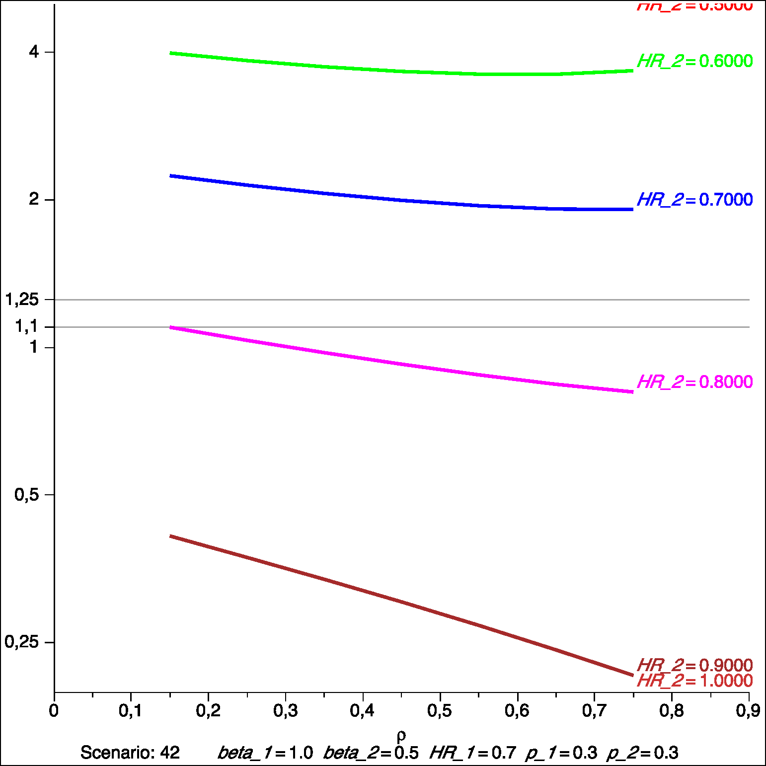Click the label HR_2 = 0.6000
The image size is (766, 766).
point(694,61)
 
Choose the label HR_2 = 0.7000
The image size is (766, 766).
point(694,200)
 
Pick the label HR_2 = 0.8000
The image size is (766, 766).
point(694,382)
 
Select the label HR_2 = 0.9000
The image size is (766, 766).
point(694,665)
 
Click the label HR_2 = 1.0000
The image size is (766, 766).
point(694,681)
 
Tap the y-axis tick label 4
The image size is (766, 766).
point(34,52)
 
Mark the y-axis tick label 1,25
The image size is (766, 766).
point(22,300)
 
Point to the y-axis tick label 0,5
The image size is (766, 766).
point(26,494)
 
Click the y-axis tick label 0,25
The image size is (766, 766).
point(22,642)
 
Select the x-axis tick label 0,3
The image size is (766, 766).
point(286,711)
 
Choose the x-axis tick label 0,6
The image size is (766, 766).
point(517,711)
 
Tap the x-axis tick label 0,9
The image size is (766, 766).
point(748,711)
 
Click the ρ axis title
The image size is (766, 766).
point(401,735)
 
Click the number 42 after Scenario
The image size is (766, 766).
point(170,753)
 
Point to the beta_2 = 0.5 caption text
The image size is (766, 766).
point(371,753)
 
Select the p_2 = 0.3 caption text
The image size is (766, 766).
point(642,753)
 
